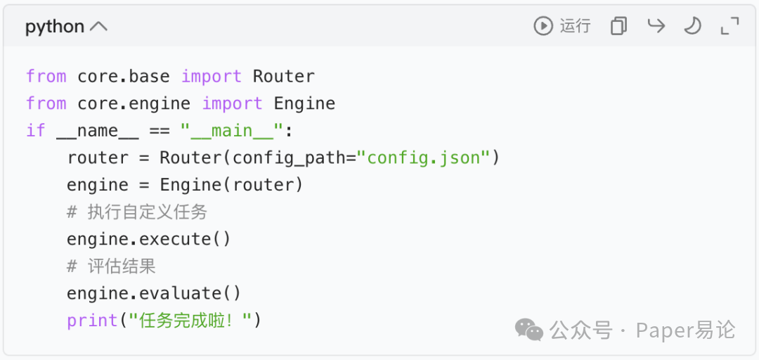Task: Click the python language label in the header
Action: click(55, 27)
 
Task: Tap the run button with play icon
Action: click(562, 26)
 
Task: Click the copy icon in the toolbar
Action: click(618, 26)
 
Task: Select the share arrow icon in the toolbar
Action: click(656, 26)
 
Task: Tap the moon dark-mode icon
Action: click(693, 26)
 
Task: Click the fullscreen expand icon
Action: click(730, 26)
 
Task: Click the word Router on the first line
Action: click(283, 76)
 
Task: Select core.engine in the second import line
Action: click(134, 103)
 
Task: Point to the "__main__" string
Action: click(231, 131)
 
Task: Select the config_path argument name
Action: click(289, 157)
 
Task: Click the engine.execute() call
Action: click(148, 239)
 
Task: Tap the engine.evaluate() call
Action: click(154, 293)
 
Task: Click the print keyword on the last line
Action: click(92, 321)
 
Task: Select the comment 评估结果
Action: click(121, 266)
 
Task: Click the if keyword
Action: click(36, 131)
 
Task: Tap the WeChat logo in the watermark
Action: click(528, 329)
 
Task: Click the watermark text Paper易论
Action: click(685, 329)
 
